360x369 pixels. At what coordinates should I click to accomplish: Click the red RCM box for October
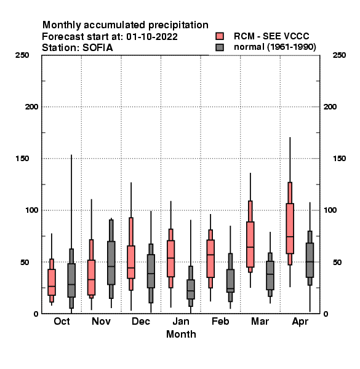click(52, 282)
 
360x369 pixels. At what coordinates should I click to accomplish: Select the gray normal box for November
click(111, 263)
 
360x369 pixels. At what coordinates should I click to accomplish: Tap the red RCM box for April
click(290, 229)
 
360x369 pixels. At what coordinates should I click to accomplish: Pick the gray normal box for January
click(191, 289)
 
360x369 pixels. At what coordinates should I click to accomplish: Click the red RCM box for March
click(250, 245)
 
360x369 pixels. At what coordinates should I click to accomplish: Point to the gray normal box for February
click(230, 281)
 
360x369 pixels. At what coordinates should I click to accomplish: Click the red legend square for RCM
click(220, 36)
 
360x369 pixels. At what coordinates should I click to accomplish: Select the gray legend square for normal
click(220, 47)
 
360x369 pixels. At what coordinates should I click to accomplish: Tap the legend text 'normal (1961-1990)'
click(274, 47)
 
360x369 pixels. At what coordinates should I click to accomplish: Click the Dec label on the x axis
click(141, 321)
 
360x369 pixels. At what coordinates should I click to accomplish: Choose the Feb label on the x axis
click(220, 321)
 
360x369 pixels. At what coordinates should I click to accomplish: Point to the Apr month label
click(300, 322)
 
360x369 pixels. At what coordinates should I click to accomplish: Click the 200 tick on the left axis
click(31, 107)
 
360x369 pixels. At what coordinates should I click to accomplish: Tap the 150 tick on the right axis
click(339, 159)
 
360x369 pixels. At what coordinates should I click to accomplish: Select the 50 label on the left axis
click(24, 262)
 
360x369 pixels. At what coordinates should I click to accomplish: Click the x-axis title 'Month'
click(181, 334)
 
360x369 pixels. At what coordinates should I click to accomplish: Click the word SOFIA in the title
click(97, 48)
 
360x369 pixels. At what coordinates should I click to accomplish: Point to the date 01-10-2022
click(152, 37)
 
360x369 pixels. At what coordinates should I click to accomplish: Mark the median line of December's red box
click(131, 268)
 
